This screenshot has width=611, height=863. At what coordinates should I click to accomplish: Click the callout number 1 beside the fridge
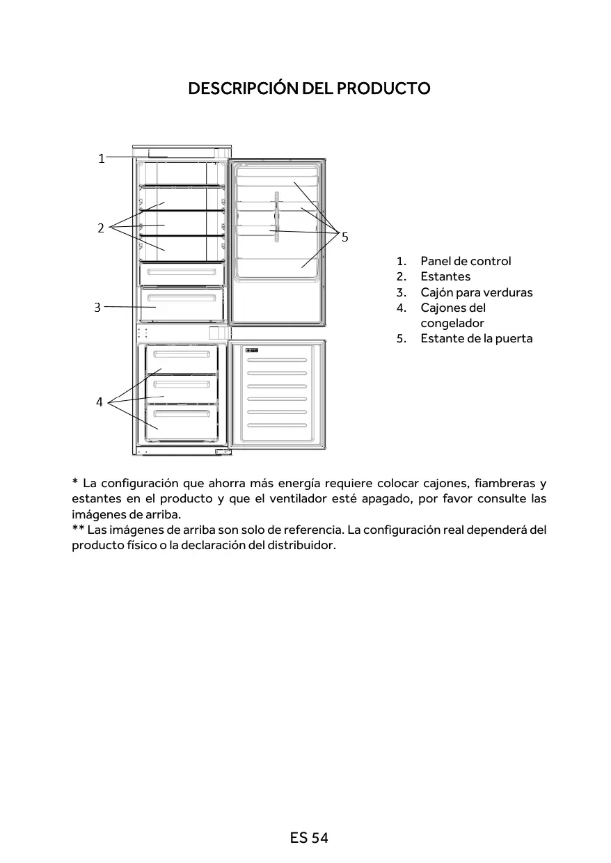coord(101,159)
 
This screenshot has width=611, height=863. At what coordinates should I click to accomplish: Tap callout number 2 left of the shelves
coord(101,228)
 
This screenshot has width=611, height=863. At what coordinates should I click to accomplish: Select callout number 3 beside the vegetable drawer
coord(97,306)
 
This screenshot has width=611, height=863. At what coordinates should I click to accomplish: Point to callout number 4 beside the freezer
coord(100,402)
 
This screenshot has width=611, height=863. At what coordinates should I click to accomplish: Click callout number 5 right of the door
coord(344,237)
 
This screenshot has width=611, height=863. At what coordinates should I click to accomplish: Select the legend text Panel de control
coord(466,261)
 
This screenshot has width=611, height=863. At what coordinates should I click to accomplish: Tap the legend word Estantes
coord(445,276)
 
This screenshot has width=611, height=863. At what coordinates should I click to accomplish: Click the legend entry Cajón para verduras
coord(476,292)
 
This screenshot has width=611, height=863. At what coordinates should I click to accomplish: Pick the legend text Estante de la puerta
coord(476,338)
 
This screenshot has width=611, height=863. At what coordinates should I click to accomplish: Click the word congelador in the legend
coord(452,323)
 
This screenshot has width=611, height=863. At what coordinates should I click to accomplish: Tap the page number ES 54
coord(309,838)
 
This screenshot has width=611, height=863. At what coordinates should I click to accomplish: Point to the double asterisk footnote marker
coord(78,530)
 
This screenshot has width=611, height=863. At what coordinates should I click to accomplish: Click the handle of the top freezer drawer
coord(182,354)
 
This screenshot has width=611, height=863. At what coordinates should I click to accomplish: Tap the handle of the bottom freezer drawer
coord(182,413)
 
